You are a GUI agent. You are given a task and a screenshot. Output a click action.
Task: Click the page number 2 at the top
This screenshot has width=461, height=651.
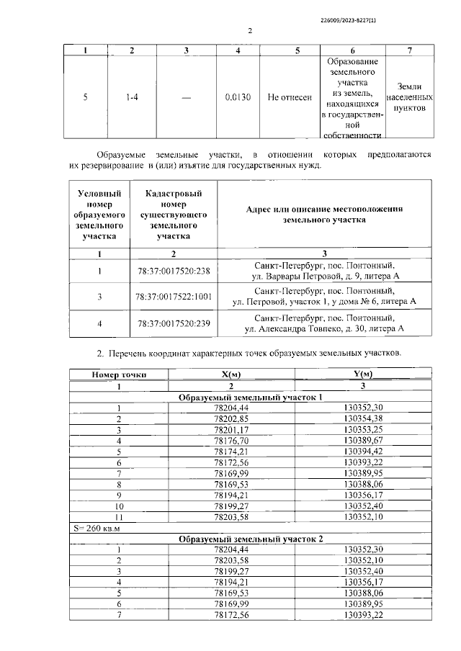(250, 31)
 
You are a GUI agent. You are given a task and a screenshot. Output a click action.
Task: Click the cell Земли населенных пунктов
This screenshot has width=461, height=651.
(409, 96)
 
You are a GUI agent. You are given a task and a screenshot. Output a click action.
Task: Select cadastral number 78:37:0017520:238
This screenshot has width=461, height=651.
(173, 271)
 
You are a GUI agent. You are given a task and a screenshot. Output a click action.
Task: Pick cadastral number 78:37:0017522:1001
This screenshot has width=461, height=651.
(173, 297)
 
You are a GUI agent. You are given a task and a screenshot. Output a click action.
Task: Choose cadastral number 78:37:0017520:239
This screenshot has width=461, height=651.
(173, 323)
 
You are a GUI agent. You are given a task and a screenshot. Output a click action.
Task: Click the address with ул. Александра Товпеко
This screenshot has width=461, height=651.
(324, 329)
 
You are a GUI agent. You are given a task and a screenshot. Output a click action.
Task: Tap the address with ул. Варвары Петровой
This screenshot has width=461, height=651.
(324, 277)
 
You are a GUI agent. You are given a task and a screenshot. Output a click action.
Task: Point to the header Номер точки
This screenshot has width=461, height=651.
(119, 374)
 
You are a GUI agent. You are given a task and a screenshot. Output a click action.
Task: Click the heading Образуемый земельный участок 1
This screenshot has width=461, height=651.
(250, 398)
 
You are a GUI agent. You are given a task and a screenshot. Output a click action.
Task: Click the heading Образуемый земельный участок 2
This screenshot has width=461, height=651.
(250, 539)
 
